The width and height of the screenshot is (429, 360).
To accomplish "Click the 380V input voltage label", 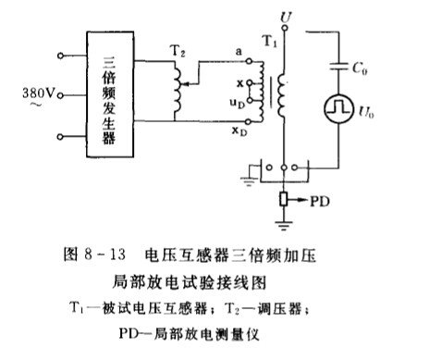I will [x=33, y=93].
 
